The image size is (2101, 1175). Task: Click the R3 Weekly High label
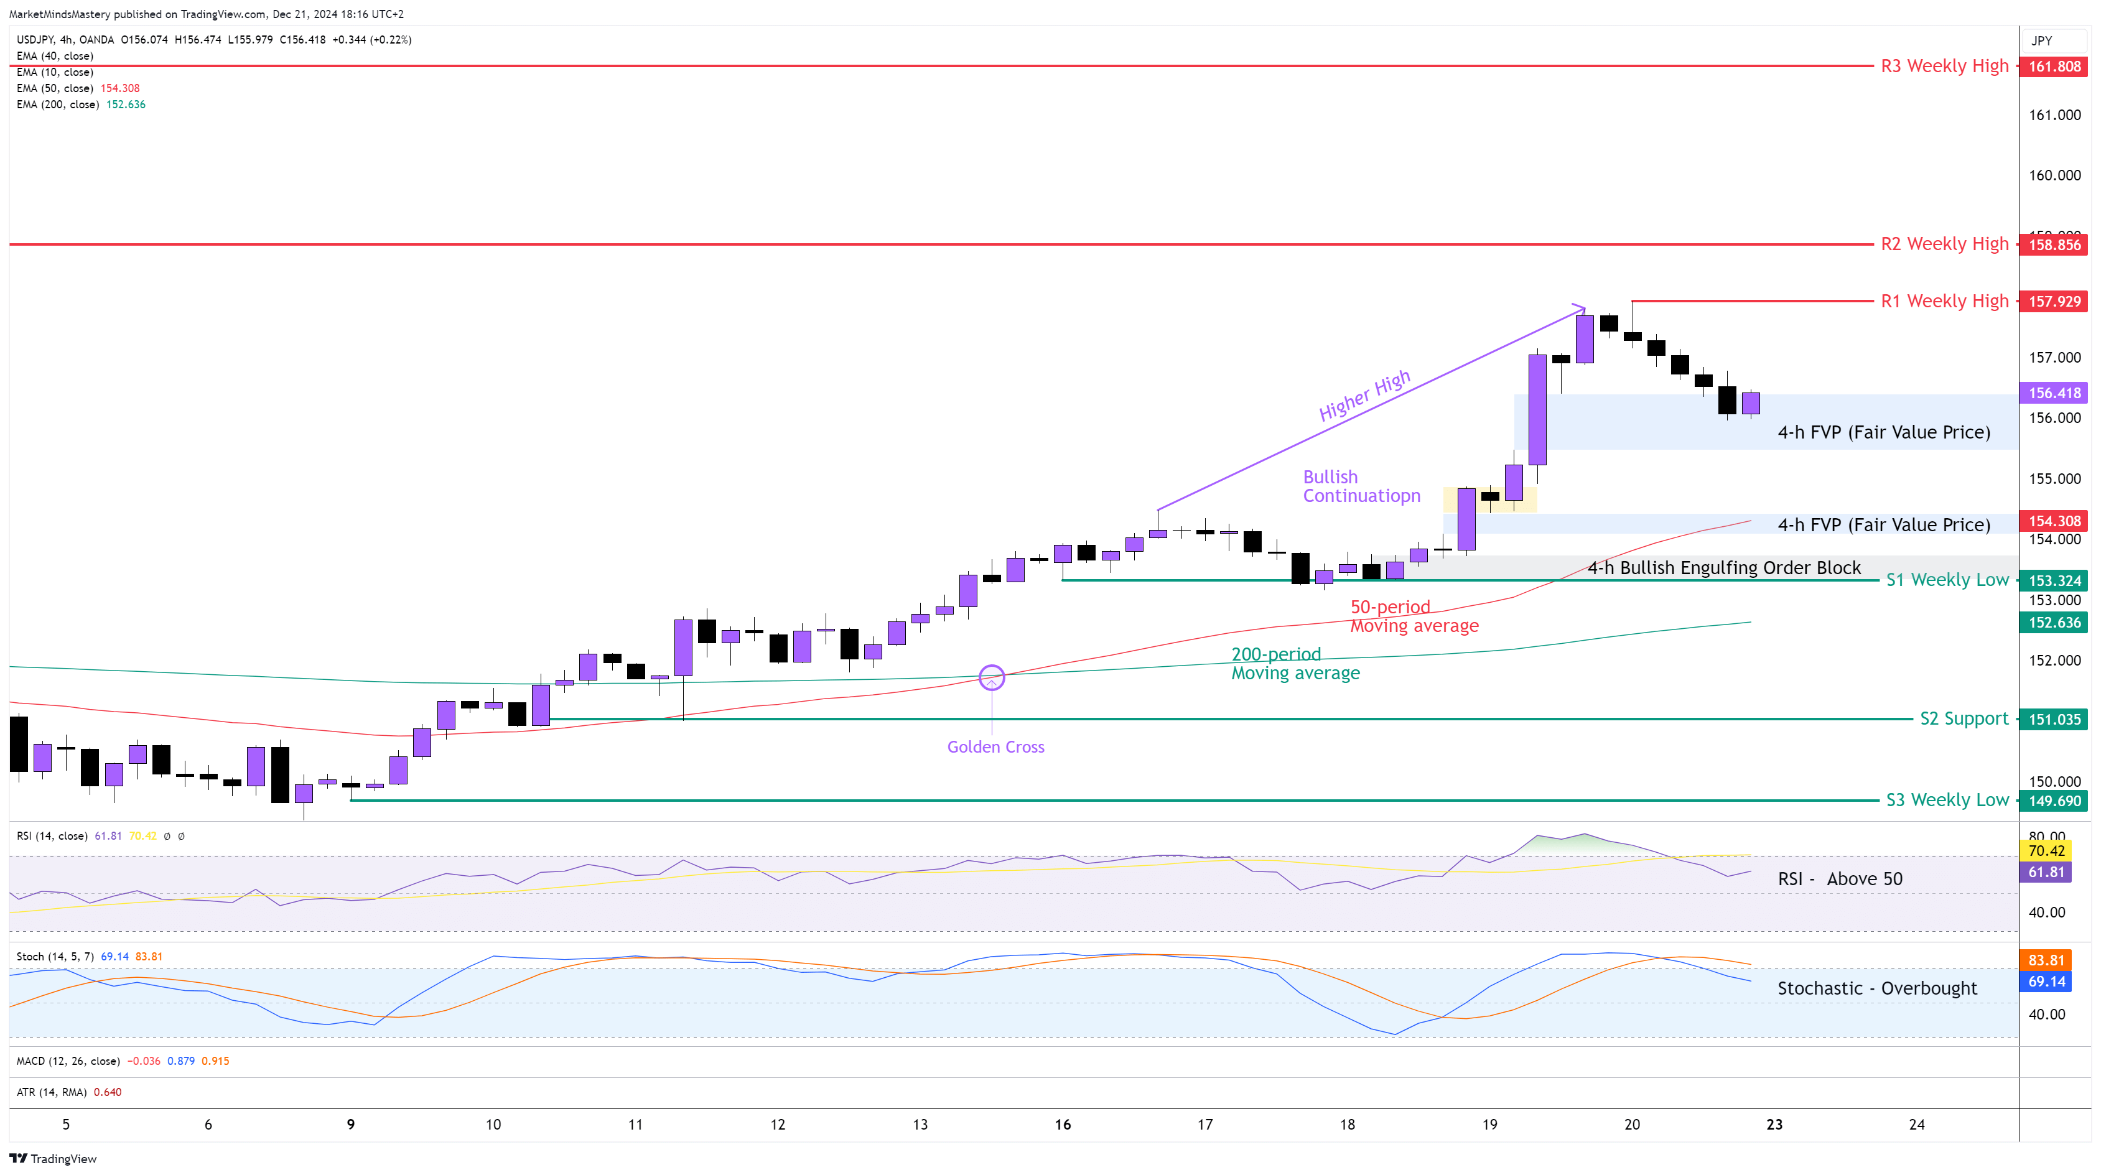coord(1944,66)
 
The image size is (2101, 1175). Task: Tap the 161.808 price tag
coord(2054,67)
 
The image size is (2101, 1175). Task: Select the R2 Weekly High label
coord(1944,244)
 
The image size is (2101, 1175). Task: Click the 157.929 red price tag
coord(2054,302)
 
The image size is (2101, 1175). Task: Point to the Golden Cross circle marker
coord(991,677)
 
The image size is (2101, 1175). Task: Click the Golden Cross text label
coord(995,747)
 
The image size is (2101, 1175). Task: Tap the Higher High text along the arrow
coord(1364,396)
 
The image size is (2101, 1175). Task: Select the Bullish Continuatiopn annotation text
coord(1361,486)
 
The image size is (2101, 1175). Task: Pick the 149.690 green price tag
coord(2054,801)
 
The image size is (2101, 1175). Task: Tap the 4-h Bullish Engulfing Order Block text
coord(1723,567)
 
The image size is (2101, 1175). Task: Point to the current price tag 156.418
coord(2054,393)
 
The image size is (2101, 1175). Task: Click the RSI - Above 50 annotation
coord(1839,879)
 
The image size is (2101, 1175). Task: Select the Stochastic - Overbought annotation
coord(1876,988)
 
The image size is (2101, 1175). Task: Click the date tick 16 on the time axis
coord(1062,1125)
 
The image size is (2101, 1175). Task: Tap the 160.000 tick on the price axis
coord(2054,175)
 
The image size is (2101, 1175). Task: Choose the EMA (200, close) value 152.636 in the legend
coord(126,104)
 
